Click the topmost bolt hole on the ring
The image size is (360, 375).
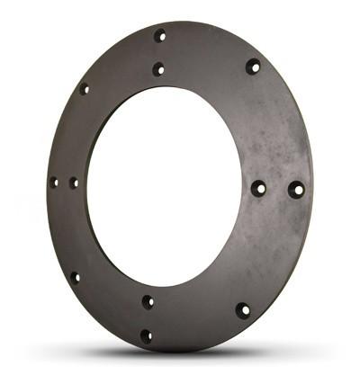pyautogui.click(x=160, y=36)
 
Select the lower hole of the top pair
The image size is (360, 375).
pyautogui.click(x=158, y=68)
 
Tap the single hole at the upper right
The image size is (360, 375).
pyautogui.click(x=253, y=66)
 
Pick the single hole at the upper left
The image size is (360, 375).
pyautogui.click(x=84, y=88)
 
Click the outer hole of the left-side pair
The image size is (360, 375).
pyautogui.click(x=53, y=183)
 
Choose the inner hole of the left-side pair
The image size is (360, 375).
pyautogui.click(x=74, y=183)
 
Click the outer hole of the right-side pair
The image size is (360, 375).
pyautogui.click(x=295, y=190)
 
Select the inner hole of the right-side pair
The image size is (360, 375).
pyautogui.click(x=258, y=189)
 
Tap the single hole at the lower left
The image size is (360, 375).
pyautogui.click(x=75, y=277)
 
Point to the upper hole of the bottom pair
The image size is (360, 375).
pyautogui.click(x=148, y=301)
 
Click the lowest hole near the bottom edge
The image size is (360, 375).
pyautogui.click(x=146, y=336)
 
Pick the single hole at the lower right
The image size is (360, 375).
pyautogui.click(x=242, y=310)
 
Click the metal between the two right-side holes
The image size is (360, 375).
pyautogui.click(x=277, y=190)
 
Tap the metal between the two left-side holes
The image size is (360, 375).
pyautogui.click(x=63, y=183)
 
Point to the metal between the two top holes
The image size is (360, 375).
pyautogui.click(x=159, y=52)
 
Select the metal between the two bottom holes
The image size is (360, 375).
pyautogui.click(x=147, y=319)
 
